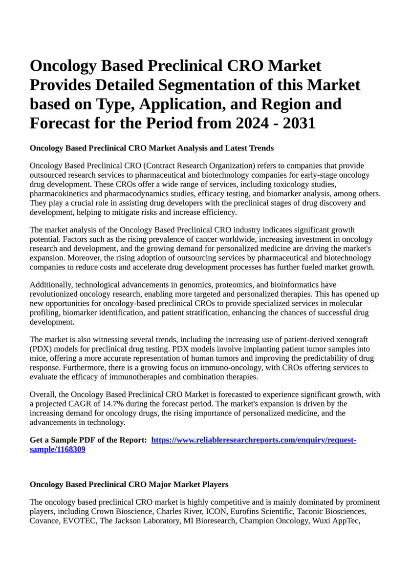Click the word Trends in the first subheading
[260, 148]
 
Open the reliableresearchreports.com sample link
[254, 440]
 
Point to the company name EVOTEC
[79, 521]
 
